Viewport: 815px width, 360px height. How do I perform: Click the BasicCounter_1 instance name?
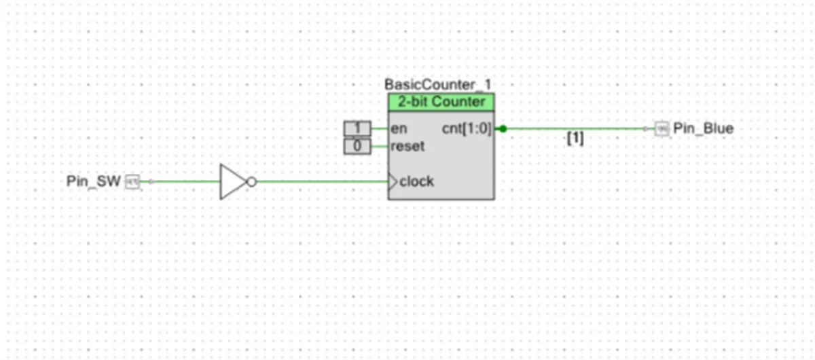(x=438, y=86)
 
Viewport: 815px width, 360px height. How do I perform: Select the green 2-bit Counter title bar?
(x=441, y=103)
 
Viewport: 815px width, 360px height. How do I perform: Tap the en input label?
(x=399, y=128)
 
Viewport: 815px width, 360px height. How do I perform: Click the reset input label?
(x=408, y=146)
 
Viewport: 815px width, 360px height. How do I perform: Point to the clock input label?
(x=416, y=181)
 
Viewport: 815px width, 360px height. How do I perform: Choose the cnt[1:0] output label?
(x=466, y=128)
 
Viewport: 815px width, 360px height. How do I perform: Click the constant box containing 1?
(x=357, y=128)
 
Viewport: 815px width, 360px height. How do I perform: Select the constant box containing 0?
(x=357, y=145)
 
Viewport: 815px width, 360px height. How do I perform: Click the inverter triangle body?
(x=232, y=181)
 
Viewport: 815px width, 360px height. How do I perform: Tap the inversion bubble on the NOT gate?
(x=251, y=181)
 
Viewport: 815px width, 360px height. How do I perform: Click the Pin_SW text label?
(x=94, y=181)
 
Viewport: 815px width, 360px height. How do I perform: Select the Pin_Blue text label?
(x=703, y=128)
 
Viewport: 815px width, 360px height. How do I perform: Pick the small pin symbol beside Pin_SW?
(x=133, y=181)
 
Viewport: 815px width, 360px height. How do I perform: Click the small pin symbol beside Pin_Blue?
(x=662, y=128)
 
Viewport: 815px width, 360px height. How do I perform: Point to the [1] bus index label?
(x=575, y=139)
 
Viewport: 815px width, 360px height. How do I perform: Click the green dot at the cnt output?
(x=503, y=128)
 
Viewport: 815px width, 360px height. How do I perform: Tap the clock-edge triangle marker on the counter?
(x=393, y=181)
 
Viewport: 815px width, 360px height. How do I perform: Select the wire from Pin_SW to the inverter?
(x=180, y=181)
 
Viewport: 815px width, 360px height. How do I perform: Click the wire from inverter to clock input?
(x=319, y=181)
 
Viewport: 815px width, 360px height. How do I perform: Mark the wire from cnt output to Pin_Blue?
(x=577, y=128)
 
